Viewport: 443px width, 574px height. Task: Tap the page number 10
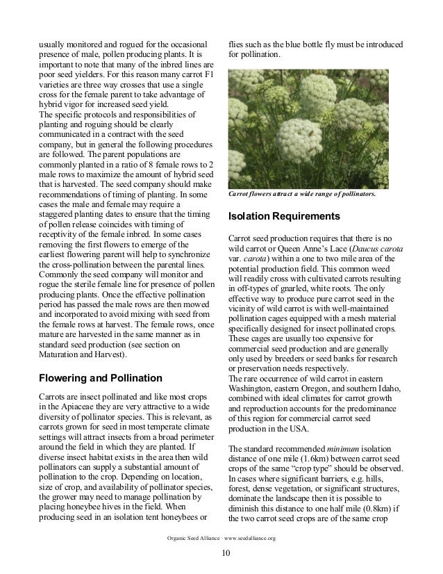[221, 553]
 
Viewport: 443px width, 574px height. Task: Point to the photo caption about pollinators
[302, 195]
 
